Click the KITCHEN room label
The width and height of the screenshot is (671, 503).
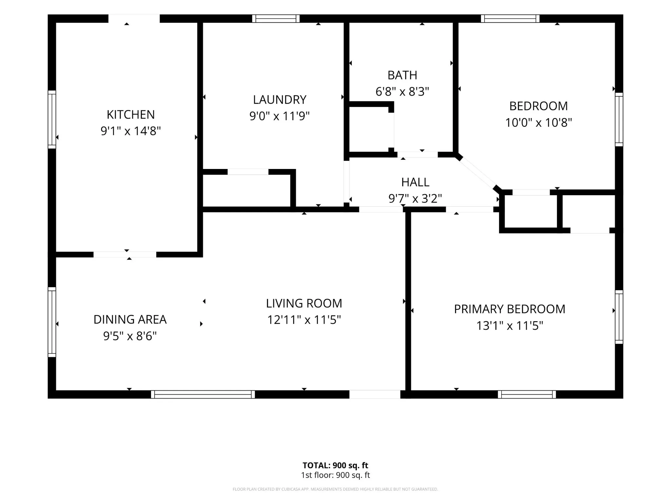[131, 115]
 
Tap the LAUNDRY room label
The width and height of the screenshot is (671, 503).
[279, 100]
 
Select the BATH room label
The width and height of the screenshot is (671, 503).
[402, 75]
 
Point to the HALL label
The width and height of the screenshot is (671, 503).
[415, 182]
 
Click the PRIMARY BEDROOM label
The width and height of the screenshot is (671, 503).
[509, 309]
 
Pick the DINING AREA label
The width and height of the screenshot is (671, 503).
[130, 319]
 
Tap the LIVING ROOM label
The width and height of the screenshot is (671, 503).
[304, 303]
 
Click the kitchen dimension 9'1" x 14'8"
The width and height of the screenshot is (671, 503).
[131, 131]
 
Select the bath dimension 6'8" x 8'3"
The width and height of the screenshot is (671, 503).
[402, 92]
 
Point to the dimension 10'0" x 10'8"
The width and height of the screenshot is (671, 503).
[539, 123]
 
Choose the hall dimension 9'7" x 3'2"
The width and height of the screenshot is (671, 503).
[415, 198]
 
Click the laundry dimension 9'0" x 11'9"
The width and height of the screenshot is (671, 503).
[279, 116]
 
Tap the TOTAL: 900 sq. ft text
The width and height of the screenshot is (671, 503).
[335, 465]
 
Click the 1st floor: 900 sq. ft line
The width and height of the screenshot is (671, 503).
[335, 475]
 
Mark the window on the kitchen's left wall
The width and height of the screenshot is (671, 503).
[52, 120]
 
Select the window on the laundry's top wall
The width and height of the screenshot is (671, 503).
[276, 19]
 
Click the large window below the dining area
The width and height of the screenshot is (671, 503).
[203, 394]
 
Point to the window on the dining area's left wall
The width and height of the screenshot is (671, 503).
[52, 322]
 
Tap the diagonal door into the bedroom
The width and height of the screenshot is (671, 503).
[478, 173]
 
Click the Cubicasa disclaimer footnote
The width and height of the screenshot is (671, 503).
[335, 489]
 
